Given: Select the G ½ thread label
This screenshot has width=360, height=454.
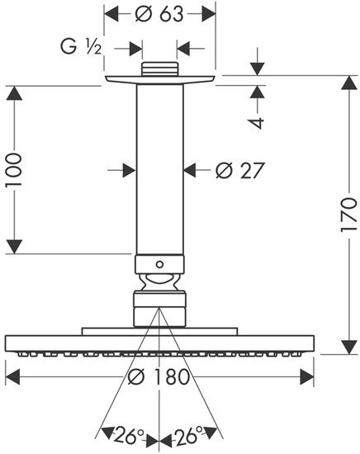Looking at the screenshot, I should coord(82,48).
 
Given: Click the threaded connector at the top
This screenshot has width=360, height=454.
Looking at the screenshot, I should coord(160,69).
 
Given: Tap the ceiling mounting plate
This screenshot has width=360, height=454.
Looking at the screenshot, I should coord(161,78).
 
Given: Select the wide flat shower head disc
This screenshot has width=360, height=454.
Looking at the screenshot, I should coord(160,342).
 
